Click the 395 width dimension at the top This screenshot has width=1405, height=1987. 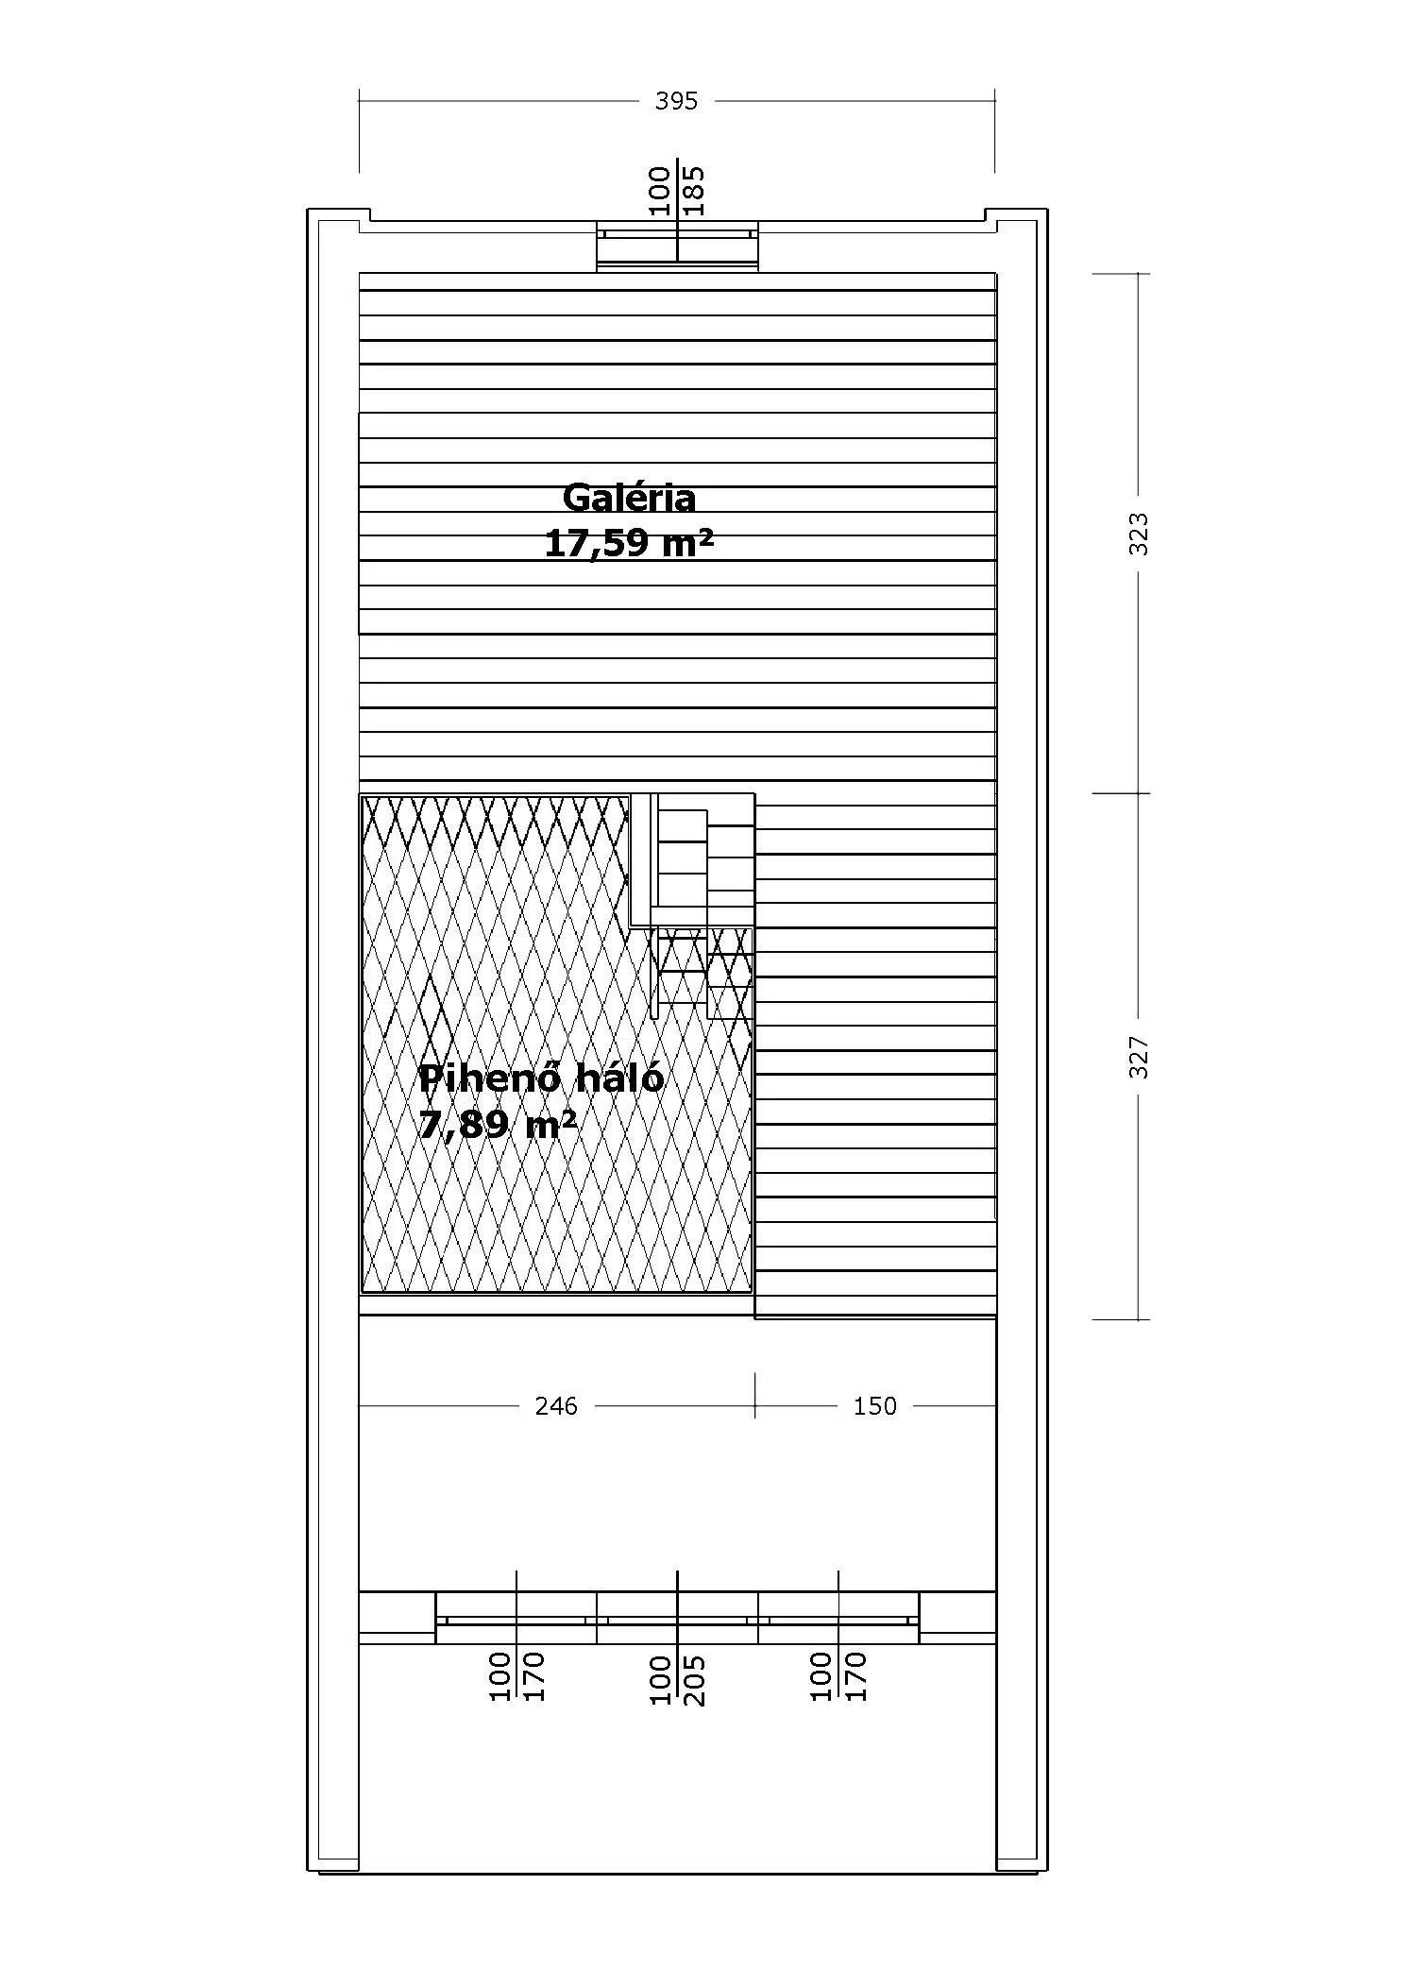pos(676,101)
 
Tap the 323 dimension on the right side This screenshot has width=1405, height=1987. pos(1139,534)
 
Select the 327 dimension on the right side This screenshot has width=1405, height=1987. pos(1139,1057)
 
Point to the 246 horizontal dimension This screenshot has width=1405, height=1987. pos(556,1406)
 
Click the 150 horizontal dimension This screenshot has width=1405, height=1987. pos(874,1406)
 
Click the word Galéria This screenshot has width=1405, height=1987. pos(629,497)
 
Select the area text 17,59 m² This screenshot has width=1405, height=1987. pos(629,543)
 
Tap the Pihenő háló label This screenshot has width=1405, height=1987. pos(541,1078)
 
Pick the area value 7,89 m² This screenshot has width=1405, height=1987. pos(498,1125)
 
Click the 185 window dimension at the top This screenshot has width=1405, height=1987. pos(694,190)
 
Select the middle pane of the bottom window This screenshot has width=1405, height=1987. pos(677,1619)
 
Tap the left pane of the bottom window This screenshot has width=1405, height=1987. pos(516,1619)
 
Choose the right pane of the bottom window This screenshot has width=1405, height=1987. pos(838,1619)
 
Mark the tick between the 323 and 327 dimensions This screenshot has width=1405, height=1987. pos(1121,793)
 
